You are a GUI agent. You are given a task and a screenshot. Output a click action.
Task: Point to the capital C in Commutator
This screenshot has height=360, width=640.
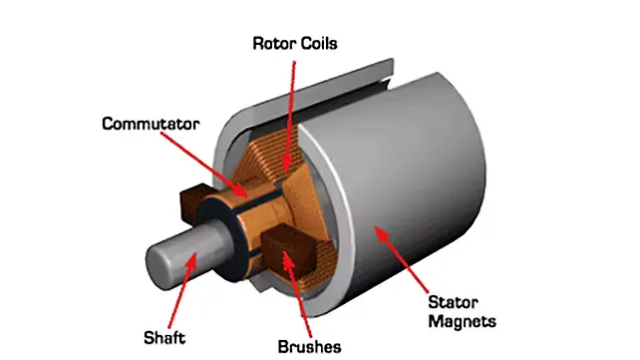107,124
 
